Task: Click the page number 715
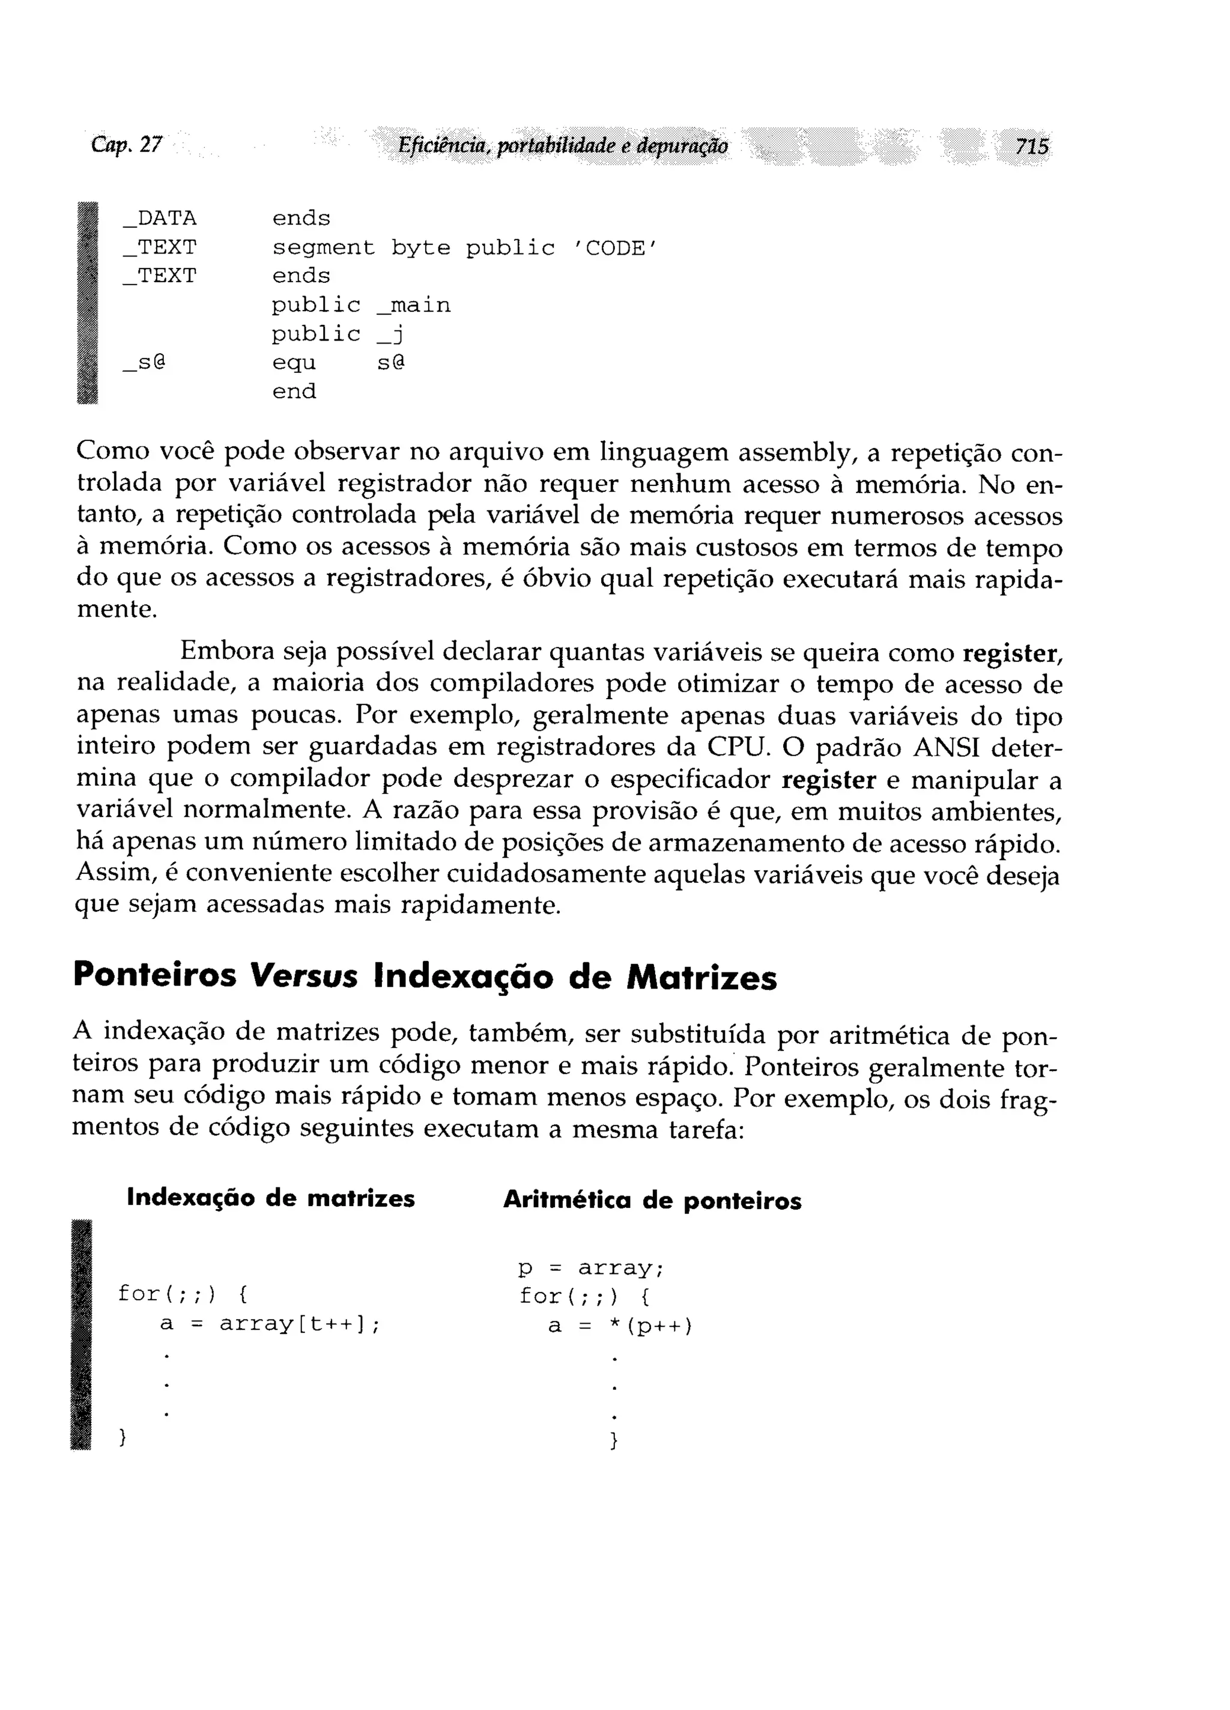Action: click(x=1031, y=145)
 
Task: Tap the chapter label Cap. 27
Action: click(x=127, y=144)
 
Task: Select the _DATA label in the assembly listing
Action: click(x=159, y=219)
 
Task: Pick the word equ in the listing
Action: click(x=294, y=363)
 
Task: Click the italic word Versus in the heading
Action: click(x=304, y=977)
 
